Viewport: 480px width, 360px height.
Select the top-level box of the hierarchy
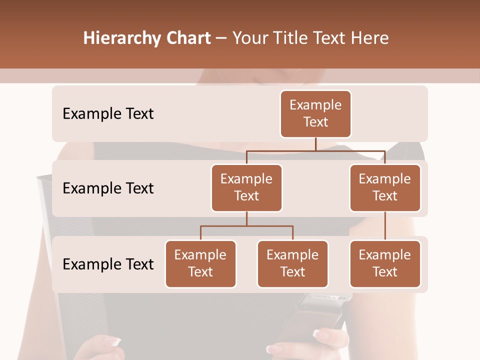click(x=315, y=113)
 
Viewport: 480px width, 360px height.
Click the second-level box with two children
click(x=246, y=187)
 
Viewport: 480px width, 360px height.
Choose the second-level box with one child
click(x=385, y=187)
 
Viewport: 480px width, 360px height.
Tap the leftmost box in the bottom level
click(x=200, y=263)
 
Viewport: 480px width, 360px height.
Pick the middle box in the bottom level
click(x=292, y=263)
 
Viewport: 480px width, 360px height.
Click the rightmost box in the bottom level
click(x=385, y=263)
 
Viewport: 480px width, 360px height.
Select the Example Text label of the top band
click(x=108, y=114)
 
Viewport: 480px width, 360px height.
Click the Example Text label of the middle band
click(x=108, y=188)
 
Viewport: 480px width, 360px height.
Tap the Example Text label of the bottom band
click(x=108, y=264)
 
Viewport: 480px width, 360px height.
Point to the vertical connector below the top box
click(x=315, y=144)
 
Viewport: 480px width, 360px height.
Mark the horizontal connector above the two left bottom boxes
click(x=246, y=226)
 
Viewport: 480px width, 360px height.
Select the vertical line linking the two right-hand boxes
click(x=385, y=226)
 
